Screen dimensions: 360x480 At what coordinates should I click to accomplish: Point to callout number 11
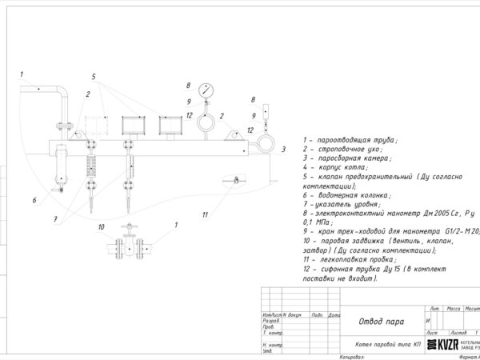point(205,214)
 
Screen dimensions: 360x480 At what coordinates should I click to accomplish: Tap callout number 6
point(34,200)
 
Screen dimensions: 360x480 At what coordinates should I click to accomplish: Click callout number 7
point(55,218)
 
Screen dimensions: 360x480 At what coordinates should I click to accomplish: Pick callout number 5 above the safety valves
point(94,78)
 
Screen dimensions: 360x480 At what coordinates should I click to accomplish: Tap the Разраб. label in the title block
point(271,321)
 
